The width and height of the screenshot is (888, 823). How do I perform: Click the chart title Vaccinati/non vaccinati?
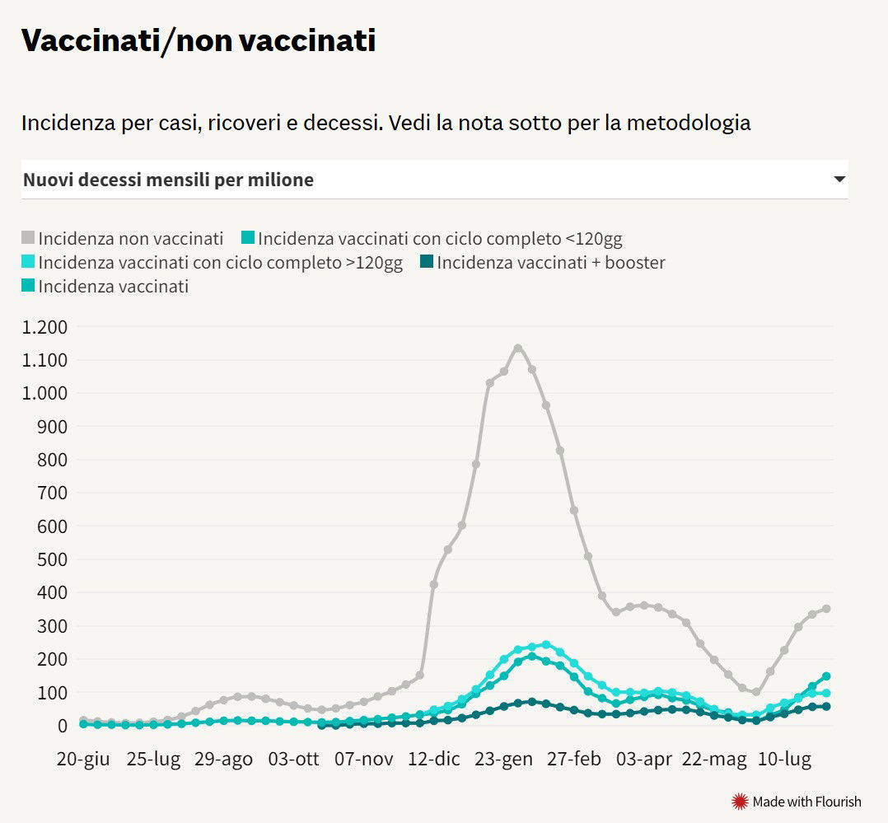tap(198, 40)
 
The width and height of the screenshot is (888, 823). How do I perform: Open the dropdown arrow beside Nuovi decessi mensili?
tap(839, 179)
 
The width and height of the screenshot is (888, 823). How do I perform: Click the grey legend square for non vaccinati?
tap(28, 239)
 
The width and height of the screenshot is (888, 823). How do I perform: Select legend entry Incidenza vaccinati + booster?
tap(550, 263)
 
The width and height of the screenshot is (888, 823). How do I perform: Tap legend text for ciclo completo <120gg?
tap(440, 239)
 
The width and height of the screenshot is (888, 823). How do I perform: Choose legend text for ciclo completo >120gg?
tap(220, 263)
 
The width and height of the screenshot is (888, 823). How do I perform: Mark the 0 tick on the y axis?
tap(61, 726)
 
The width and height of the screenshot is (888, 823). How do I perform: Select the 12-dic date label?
tap(434, 759)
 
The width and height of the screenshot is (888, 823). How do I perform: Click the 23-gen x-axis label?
tap(504, 759)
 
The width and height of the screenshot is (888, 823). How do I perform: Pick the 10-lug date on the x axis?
tap(783, 759)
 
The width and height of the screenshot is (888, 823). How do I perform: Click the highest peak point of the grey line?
tap(518, 348)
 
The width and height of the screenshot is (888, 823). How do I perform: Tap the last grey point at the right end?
tap(825, 609)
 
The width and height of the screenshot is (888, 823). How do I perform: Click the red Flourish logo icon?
tap(740, 801)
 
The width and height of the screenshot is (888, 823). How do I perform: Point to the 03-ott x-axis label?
tap(294, 759)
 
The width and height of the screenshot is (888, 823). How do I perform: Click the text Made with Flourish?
tap(806, 802)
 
